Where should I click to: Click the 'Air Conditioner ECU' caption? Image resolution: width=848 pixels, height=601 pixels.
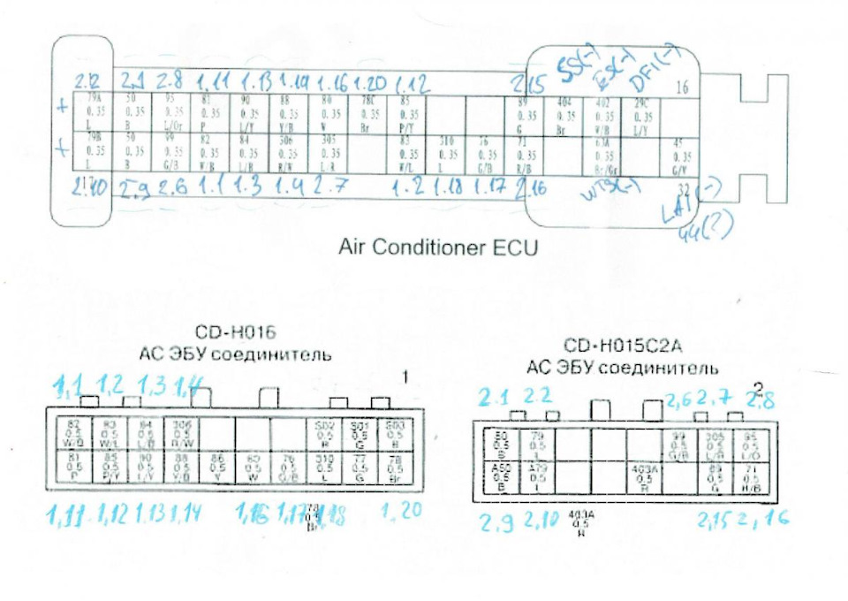pos(438,247)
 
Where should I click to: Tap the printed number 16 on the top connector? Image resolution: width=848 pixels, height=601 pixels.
pos(681,87)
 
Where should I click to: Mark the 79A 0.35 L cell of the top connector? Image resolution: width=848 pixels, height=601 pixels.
pos(95,113)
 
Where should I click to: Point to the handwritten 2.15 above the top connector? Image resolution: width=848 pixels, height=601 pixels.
pos(531,84)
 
